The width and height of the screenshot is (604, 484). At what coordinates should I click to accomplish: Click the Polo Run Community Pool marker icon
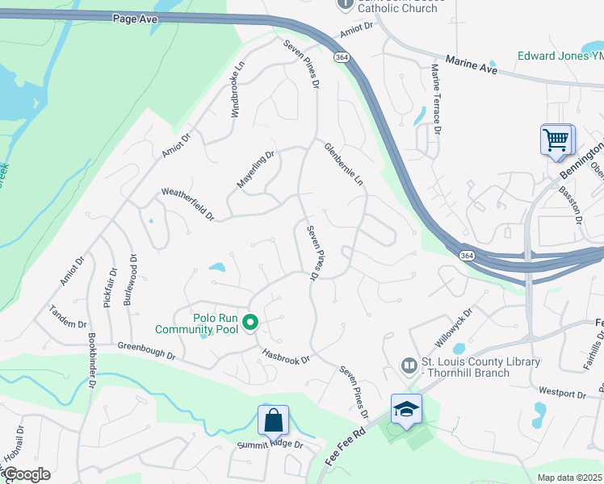point(250,323)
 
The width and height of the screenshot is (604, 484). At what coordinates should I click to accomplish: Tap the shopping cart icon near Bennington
point(556,140)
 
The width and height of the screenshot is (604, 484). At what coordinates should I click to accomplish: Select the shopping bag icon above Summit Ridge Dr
point(273,419)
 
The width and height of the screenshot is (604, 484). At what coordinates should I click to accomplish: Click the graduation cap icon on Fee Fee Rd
point(406,409)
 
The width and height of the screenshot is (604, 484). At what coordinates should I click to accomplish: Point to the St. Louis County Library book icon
point(410,367)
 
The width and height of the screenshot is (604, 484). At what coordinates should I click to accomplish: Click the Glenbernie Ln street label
point(344,165)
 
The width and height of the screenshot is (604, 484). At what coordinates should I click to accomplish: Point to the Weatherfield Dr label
point(188,204)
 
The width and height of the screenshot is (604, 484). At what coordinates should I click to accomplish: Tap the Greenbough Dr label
point(146,349)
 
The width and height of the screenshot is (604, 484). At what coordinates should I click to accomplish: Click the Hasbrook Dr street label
point(286,355)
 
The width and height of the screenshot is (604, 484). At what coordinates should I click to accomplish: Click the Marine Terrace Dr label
point(435,99)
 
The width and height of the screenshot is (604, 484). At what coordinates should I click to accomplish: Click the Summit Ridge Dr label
point(270,444)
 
